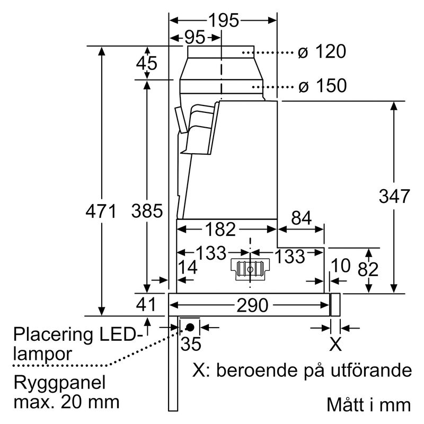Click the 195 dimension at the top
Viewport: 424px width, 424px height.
223,20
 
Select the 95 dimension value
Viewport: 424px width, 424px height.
195,38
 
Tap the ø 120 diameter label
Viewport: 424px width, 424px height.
321,52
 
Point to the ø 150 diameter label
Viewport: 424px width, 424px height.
322,85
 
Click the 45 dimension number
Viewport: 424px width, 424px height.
147,64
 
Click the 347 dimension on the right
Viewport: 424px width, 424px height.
394,196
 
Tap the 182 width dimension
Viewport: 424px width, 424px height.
219,229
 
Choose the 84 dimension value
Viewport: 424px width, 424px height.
301,218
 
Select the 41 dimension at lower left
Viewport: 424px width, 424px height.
147,305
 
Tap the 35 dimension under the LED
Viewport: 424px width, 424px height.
191,344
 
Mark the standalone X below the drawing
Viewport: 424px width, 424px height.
335,344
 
